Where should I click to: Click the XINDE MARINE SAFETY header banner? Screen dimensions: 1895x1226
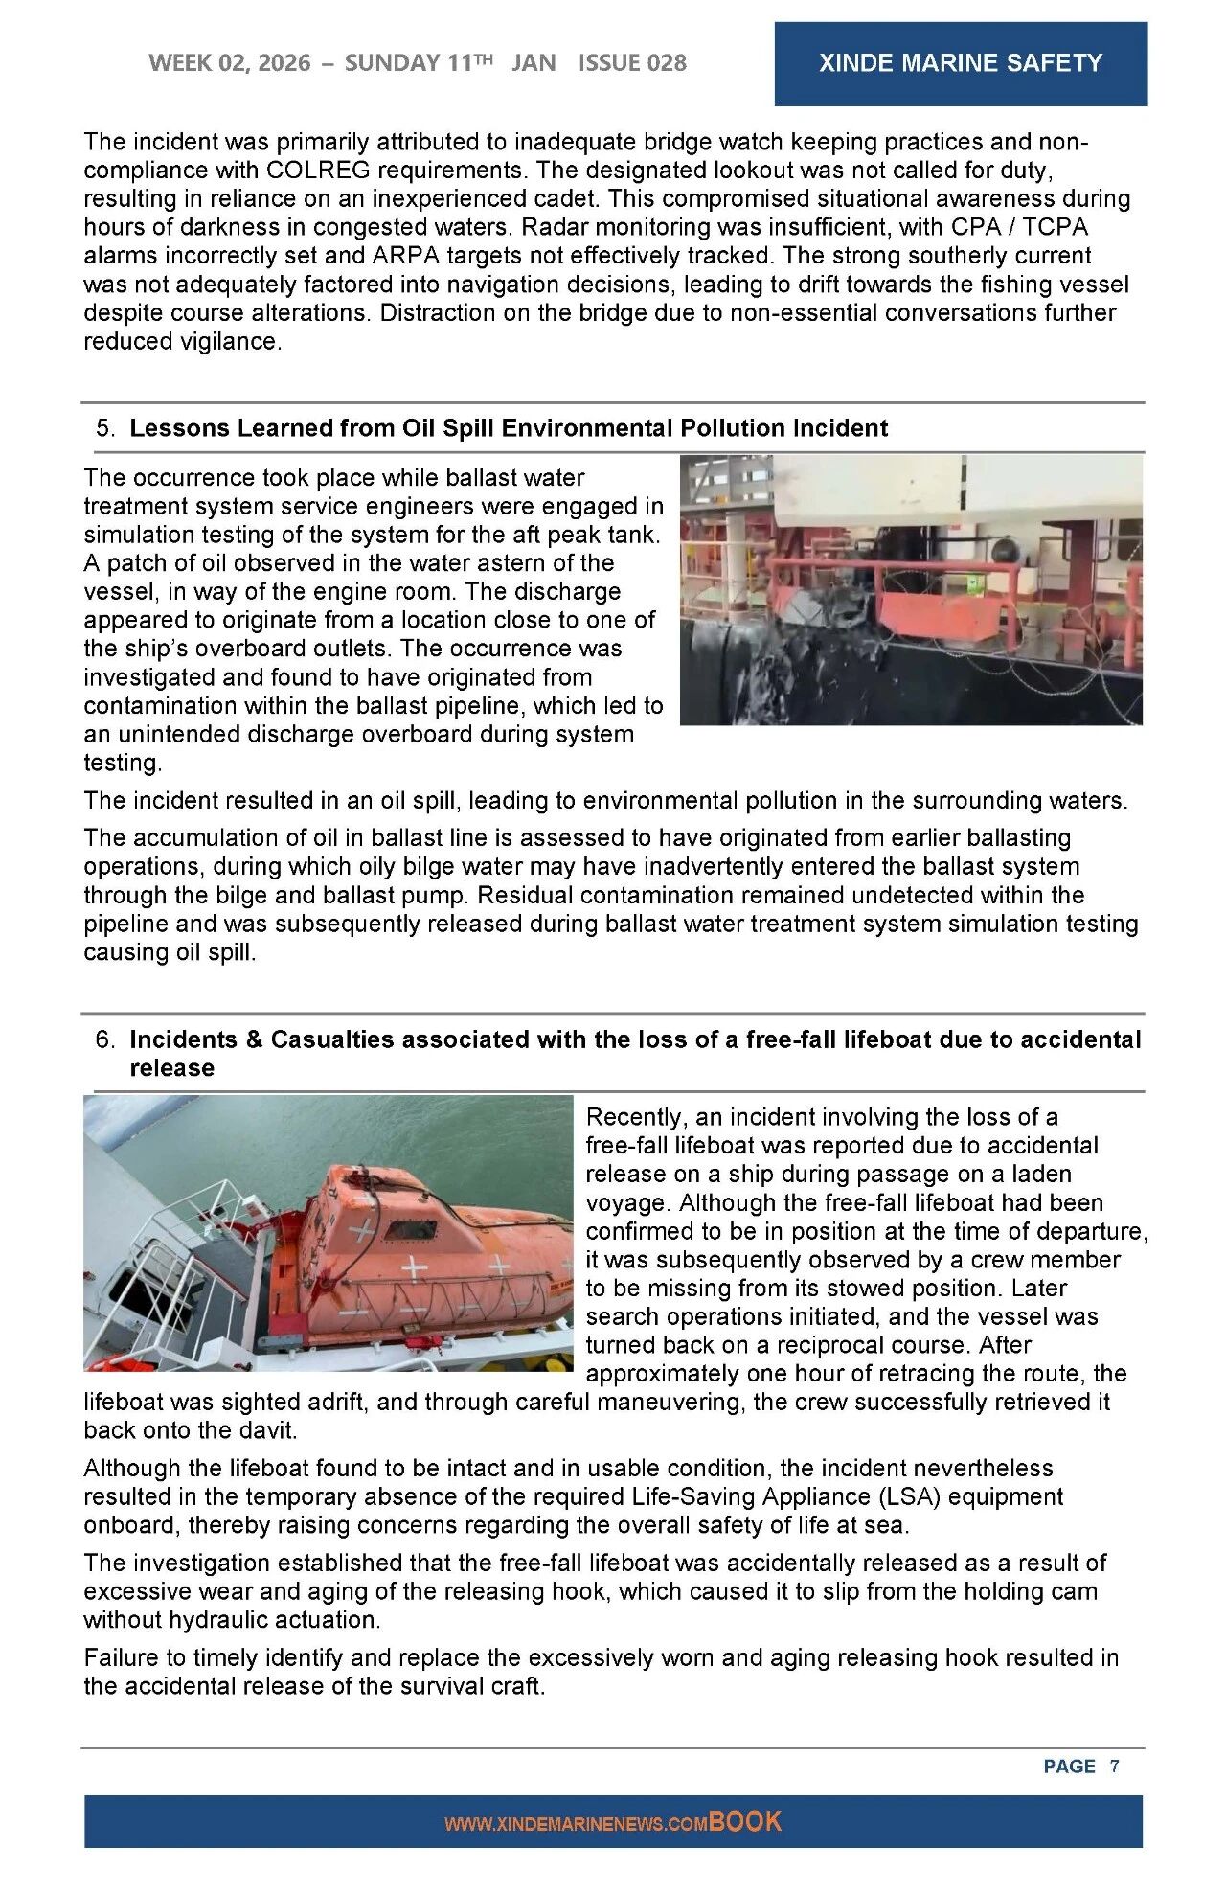coord(960,63)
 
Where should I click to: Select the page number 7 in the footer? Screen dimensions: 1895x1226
coord(1114,1766)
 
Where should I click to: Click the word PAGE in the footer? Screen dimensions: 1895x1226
coord(1069,1766)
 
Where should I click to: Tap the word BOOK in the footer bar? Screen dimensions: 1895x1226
coord(745,1821)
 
